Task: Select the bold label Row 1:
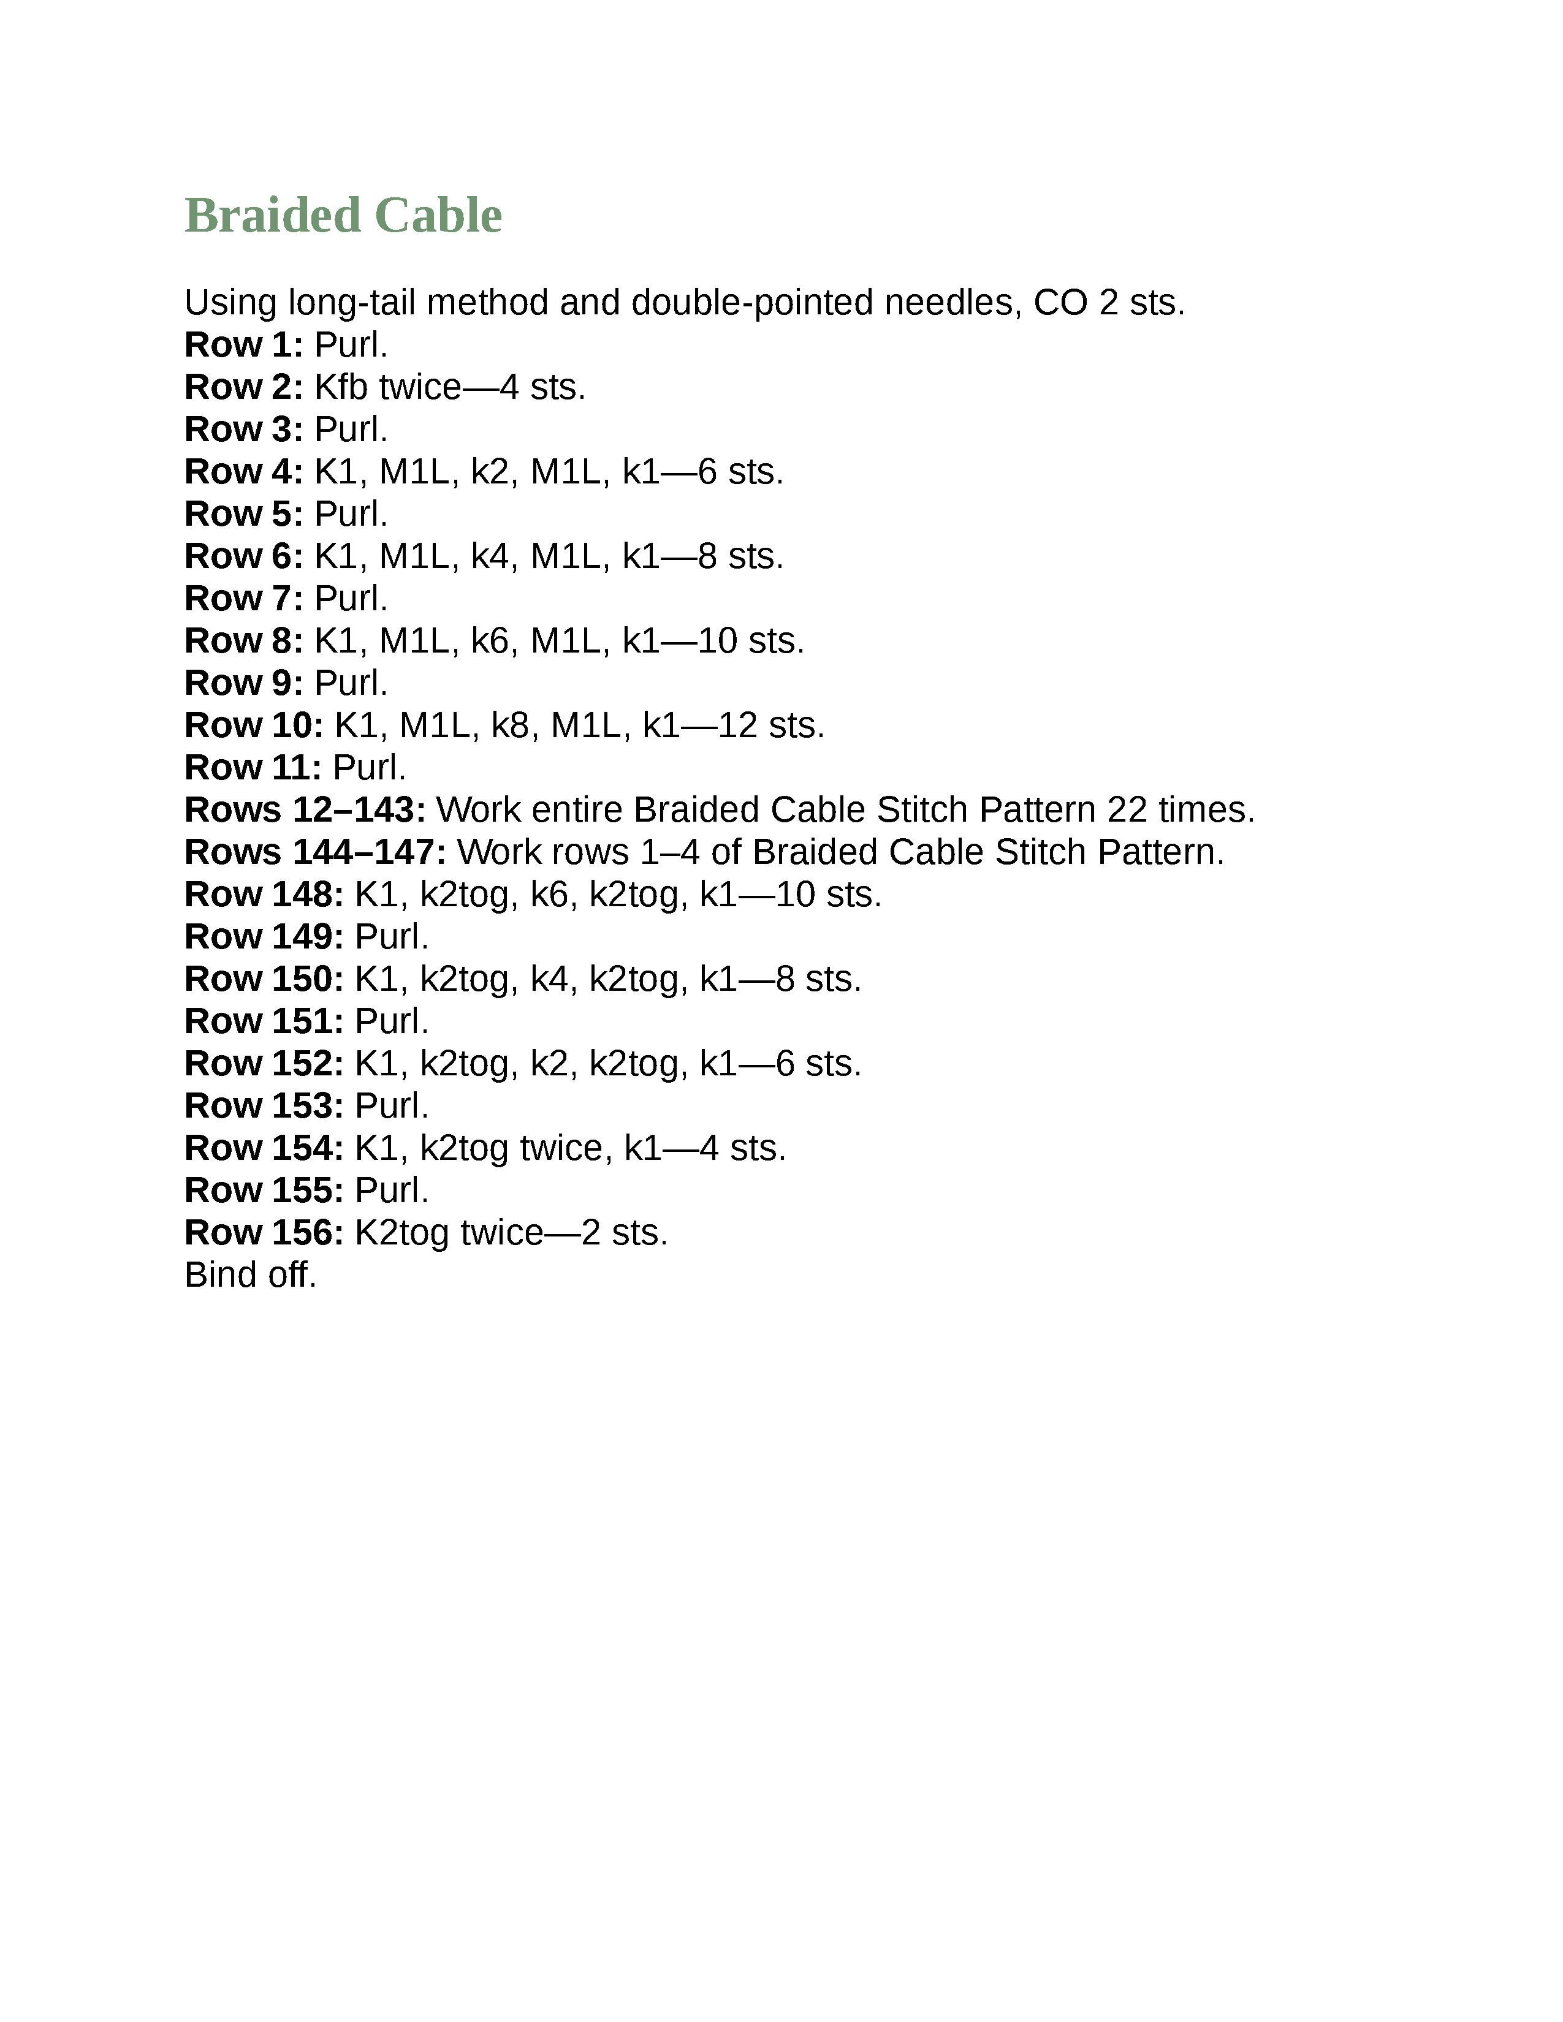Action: (x=243, y=346)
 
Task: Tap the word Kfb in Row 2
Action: (x=341, y=387)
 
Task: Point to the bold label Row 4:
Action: (x=243, y=472)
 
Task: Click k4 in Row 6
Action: (x=490, y=556)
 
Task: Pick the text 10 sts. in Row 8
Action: (x=750, y=641)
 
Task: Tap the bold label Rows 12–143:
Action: (x=305, y=810)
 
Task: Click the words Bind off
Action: (x=250, y=1276)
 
